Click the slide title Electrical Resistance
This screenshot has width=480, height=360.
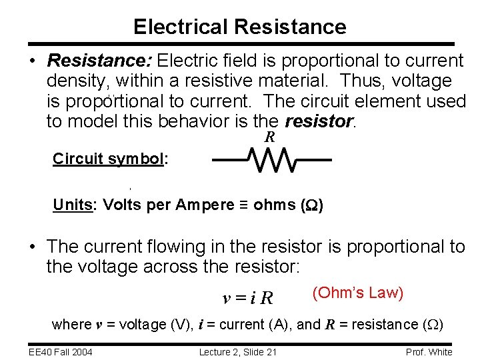pos(239,27)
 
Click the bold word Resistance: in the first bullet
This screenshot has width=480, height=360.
pos(101,61)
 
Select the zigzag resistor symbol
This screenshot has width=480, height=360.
pos(272,160)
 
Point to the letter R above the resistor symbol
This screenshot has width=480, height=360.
pos(270,138)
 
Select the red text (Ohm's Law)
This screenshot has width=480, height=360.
pos(357,293)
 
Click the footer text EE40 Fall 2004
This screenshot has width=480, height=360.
pos(59,352)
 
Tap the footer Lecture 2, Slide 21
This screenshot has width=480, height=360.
pos(238,352)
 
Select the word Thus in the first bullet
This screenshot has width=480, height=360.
pos(360,81)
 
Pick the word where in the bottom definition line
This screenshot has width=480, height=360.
pos(71,325)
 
